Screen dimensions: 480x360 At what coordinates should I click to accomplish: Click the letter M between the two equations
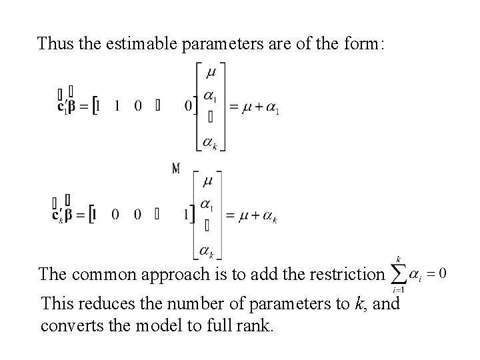click(x=175, y=169)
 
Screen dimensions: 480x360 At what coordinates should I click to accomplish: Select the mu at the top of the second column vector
click(x=207, y=181)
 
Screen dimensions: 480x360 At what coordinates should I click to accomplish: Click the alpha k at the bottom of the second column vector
click(x=207, y=251)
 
